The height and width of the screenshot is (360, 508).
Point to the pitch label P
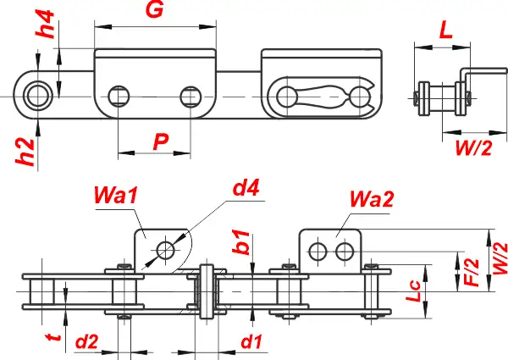(160, 142)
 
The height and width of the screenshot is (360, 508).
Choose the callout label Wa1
(117, 197)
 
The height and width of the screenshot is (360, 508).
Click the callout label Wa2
(370, 201)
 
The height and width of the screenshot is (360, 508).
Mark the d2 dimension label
(87, 343)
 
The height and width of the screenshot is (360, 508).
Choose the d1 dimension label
(251, 343)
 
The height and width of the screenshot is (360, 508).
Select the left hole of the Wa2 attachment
(318, 251)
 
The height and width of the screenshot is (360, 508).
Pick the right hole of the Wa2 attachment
(344, 251)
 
